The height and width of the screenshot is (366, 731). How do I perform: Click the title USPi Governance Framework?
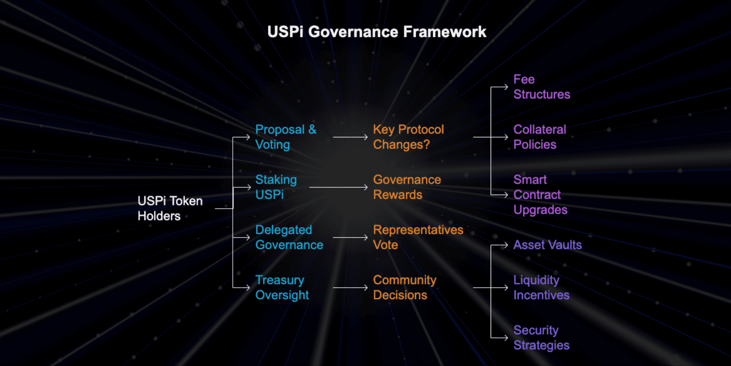[x=377, y=32]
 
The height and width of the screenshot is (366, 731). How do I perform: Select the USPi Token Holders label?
[x=170, y=208]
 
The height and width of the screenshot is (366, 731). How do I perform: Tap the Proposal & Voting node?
[x=285, y=137]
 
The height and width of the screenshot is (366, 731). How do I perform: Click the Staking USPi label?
[x=276, y=187]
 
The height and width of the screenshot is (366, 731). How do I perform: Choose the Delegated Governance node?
[x=289, y=237]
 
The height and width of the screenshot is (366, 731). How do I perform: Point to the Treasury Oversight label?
[x=282, y=287]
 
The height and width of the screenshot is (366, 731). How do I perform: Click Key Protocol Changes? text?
[x=408, y=137]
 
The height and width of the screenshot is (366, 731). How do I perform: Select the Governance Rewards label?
[x=407, y=187]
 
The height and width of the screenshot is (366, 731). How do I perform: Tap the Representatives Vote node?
[x=418, y=237]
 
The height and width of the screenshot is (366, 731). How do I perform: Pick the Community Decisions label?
[x=404, y=287]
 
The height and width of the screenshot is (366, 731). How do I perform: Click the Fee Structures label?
[x=541, y=87]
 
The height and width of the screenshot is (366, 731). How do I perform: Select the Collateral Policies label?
[x=540, y=137]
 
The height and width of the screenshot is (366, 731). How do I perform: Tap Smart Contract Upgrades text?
[x=540, y=195]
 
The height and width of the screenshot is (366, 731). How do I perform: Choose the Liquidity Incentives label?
[x=541, y=287]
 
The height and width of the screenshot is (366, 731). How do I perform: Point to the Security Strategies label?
[x=541, y=338]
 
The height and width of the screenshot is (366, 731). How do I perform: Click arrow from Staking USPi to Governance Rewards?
[x=338, y=187]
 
